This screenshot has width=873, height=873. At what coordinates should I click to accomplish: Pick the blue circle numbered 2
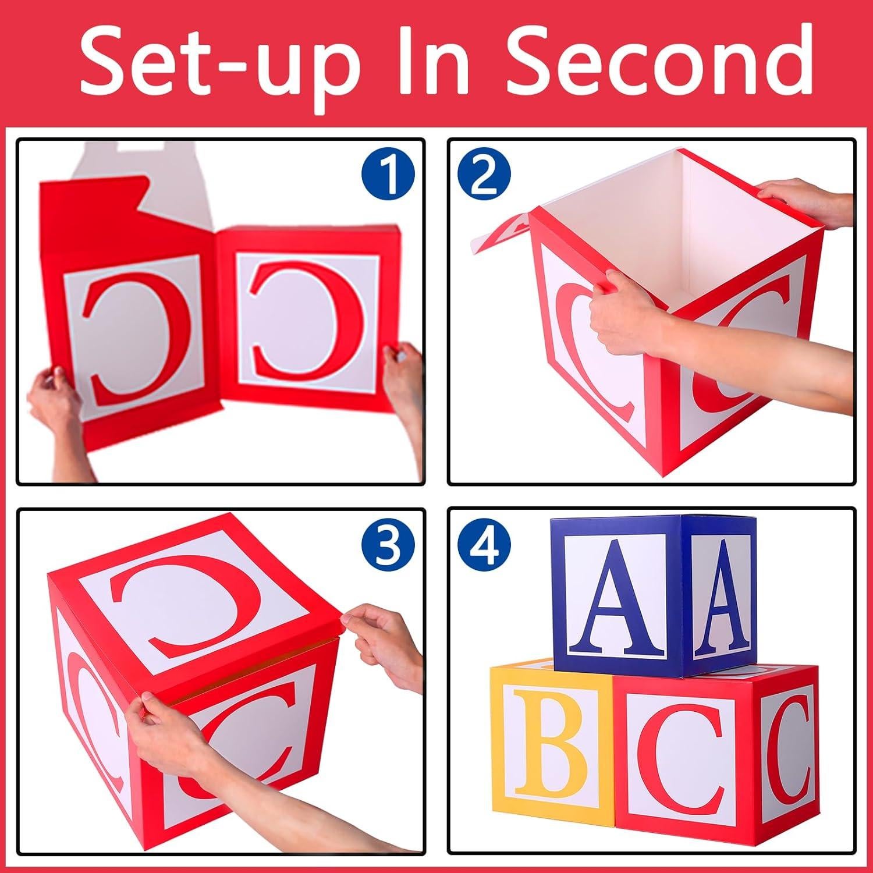coord(484,174)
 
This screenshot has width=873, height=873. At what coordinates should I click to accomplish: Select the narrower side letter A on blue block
coord(721,597)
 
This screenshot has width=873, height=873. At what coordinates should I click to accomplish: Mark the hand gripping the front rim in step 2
coord(623,314)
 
